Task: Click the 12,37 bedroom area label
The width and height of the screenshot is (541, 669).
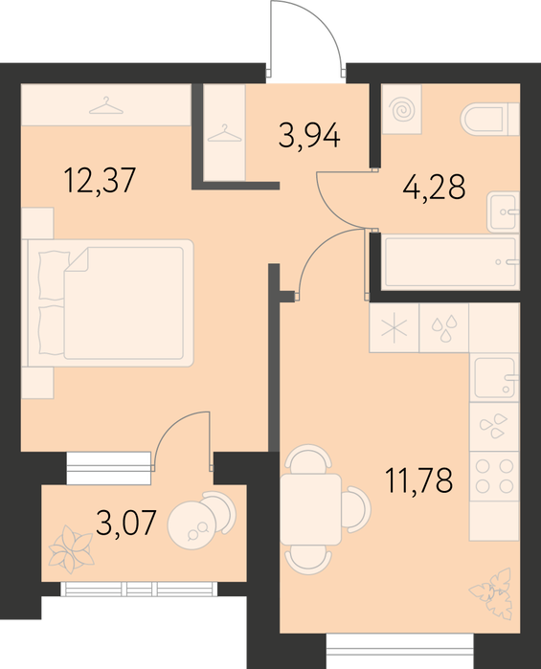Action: click(x=100, y=181)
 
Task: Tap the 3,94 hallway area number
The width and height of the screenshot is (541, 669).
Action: click(x=309, y=135)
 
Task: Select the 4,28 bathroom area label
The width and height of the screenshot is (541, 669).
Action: click(x=434, y=187)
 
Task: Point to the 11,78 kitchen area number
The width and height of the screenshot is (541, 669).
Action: click(x=418, y=480)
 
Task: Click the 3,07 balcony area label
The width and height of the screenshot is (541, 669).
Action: click(x=126, y=523)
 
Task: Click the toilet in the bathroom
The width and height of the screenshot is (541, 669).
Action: click(x=489, y=119)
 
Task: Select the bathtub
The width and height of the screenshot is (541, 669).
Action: click(x=451, y=262)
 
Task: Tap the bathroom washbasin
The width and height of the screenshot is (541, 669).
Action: click(x=503, y=212)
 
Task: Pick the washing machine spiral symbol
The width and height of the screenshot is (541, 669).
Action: click(x=402, y=109)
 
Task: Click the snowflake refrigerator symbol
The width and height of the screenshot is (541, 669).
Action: click(x=394, y=328)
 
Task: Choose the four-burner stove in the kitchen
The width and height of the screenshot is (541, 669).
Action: click(x=494, y=477)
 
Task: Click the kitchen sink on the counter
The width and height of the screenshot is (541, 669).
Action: click(x=495, y=377)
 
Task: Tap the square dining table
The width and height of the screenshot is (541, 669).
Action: click(x=311, y=509)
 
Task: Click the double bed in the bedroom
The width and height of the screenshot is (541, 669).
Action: click(x=110, y=303)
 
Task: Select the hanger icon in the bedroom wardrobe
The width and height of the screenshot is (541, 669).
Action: click(x=106, y=105)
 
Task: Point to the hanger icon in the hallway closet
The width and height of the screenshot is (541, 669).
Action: click(x=224, y=134)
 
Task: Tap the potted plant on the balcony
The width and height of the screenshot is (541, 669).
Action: click(x=71, y=549)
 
